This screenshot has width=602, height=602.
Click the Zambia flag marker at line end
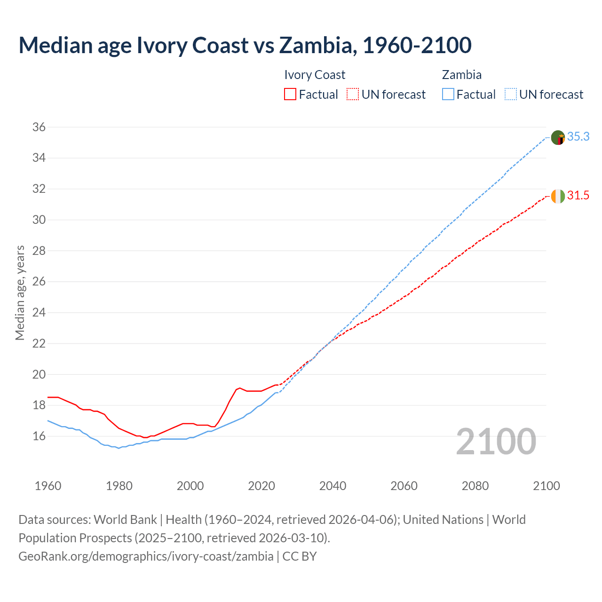coord(558,138)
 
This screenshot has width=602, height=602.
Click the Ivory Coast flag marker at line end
coord(558,196)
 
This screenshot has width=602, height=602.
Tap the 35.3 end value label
coord(578,137)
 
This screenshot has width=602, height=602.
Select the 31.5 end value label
coord(578,196)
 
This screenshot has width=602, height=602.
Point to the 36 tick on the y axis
coord(39,127)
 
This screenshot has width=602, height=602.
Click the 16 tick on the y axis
coord(39,436)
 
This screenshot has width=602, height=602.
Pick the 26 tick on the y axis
coord(39,282)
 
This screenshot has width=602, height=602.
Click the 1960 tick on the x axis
coord(48,486)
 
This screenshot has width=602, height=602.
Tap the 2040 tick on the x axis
coord(333,486)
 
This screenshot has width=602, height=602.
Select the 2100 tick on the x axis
coord(546,486)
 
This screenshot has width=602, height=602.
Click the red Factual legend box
coord(290,95)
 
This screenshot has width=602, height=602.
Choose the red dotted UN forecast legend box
coord(353,95)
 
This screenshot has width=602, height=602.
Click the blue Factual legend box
coord(448,95)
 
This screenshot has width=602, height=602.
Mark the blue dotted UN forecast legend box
coord(511,95)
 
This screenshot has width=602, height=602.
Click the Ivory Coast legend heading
coord(315,75)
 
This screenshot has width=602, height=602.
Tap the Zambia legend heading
coord(461,75)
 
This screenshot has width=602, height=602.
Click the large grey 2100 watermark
coord(496,441)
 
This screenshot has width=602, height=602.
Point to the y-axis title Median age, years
coord(20,293)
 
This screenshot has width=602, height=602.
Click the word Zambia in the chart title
coord(315,45)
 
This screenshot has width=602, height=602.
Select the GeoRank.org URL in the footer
coord(146,556)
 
